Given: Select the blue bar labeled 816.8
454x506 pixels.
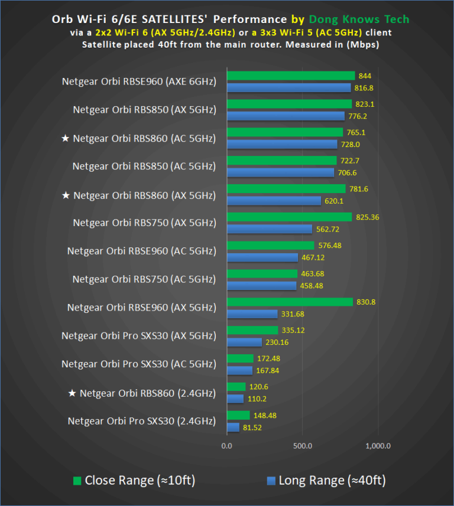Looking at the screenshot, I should point(288,88).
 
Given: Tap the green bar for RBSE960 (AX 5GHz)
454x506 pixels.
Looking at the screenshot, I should point(290,302).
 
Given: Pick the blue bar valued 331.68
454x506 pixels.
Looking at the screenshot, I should point(252,314).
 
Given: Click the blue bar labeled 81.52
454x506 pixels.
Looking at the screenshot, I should point(233,427).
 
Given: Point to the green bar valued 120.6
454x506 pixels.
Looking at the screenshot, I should point(236,387).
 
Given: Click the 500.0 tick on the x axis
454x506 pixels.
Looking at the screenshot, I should point(302,446).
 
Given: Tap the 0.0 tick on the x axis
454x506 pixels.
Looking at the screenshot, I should point(226,446).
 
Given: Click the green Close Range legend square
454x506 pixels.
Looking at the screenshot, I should point(77,481).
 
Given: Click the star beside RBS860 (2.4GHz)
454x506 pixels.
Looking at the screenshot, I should point(73,393).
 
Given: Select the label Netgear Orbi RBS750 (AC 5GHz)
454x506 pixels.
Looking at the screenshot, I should point(144,280).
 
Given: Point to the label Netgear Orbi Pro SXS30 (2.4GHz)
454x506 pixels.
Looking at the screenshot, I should point(141,422).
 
